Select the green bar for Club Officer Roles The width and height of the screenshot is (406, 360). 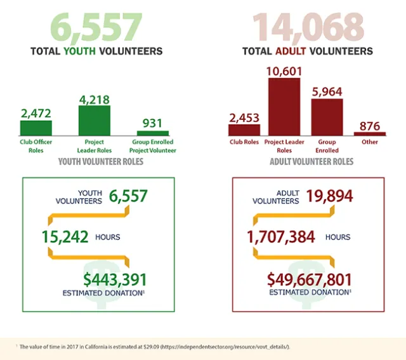click(36, 128)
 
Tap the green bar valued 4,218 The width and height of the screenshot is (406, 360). click(94, 120)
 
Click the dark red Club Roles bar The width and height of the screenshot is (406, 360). click(244, 130)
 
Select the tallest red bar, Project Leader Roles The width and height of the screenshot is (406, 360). click(284, 107)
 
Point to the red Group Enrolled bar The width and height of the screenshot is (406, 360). click(327, 117)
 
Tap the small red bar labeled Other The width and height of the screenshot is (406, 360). click(369, 134)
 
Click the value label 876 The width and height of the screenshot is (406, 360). click(369, 125)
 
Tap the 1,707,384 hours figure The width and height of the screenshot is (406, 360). click(284, 237)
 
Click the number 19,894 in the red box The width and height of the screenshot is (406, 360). click(329, 196)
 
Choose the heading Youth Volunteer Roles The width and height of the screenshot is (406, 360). click(100, 162)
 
